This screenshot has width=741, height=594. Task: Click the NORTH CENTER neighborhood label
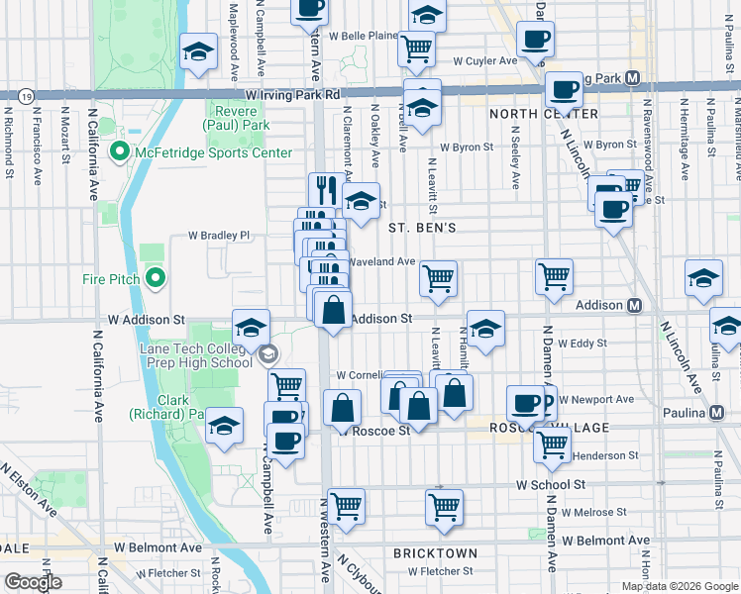(544, 114)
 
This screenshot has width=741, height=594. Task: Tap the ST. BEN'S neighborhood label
(421, 228)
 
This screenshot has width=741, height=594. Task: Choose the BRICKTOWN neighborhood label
(435, 553)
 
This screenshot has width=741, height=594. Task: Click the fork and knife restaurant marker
(325, 188)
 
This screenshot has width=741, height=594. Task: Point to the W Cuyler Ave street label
(485, 60)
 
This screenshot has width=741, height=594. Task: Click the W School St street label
(557, 485)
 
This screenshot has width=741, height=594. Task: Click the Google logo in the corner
(33, 582)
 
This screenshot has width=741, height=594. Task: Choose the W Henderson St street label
(604, 455)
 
